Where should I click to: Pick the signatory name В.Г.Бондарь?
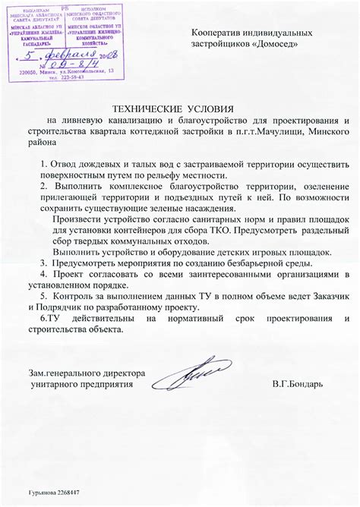297,384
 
